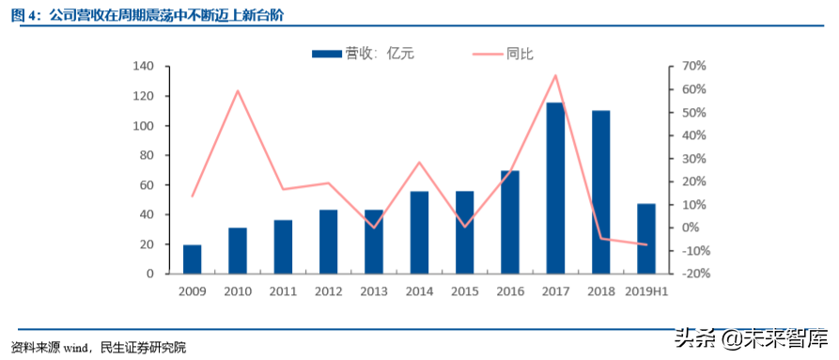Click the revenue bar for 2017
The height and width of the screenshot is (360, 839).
(x=554, y=188)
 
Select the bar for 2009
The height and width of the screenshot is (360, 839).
(x=192, y=258)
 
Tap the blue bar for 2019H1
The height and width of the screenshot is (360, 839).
(x=645, y=239)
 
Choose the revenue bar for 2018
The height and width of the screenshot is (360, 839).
(x=600, y=192)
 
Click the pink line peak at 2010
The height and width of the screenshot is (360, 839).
(x=238, y=91)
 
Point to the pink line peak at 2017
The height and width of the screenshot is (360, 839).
(x=555, y=75)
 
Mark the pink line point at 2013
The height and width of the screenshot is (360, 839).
(x=374, y=227)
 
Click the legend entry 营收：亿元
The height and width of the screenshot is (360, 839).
(x=363, y=54)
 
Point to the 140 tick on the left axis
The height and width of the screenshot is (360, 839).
(x=144, y=67)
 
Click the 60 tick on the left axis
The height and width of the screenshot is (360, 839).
(x=148, y=185)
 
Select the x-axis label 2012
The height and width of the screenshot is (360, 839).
(x=328, y=291)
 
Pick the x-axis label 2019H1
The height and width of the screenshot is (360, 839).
(x=645, y=291)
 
